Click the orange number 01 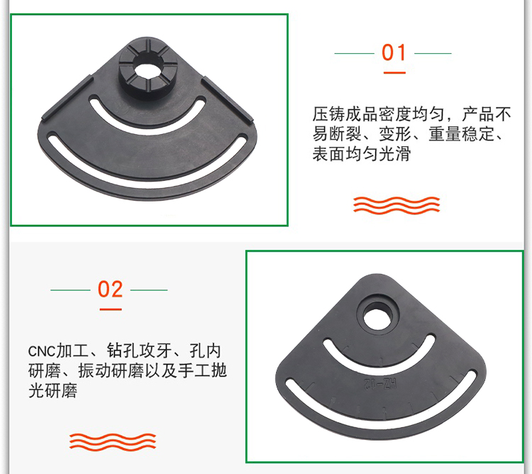click(394, 53)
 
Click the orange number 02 click(110, 290)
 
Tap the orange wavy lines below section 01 click(397, 205)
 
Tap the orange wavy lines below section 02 click(113, 442)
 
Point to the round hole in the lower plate click(377, 315)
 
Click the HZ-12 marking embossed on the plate click(380, 384)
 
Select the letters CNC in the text click(41, 351)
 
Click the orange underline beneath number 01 click(394, 72)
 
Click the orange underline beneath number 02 click(111, 309)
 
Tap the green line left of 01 click(354, 53)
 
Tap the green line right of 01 click(433, 53)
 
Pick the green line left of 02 click(70, 290)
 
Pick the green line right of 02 click(149, 290)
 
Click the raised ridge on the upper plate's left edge click(67, 98)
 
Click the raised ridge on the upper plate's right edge click(227, 100)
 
